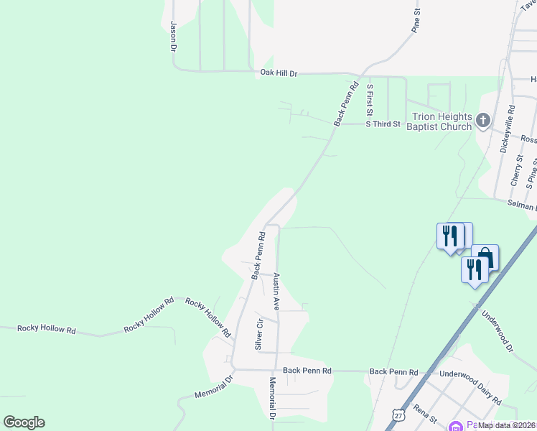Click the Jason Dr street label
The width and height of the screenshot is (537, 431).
coord(173,36)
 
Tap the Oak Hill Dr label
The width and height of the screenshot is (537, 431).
coord(279,73)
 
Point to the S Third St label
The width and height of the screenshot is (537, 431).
coord(382,124)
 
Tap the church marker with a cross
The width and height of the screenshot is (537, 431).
coord(483,120)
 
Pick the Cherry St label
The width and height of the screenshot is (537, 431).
coord(515,174)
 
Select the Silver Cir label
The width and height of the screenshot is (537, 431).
coord(259,335)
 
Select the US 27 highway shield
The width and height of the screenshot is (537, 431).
coord(398,414)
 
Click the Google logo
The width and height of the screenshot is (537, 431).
coord(24,422)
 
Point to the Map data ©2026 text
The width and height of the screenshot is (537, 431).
coord(506,425)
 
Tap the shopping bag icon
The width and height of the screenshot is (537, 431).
coord(485,257)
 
